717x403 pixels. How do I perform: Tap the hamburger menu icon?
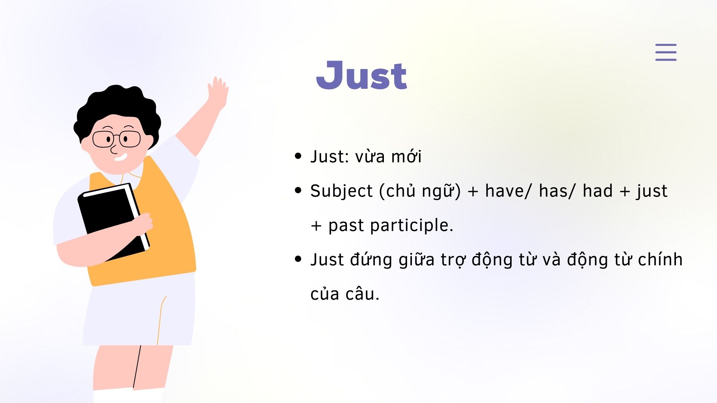666,52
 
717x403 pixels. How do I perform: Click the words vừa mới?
388,156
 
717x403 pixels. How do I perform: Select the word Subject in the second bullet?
342,191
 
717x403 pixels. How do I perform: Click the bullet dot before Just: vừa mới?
298,156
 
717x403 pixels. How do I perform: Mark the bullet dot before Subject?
298,190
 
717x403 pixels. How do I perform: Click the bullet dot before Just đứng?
298,259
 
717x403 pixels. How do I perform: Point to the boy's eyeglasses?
117,139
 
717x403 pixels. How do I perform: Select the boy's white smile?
120,157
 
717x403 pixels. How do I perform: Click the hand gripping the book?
143,224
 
